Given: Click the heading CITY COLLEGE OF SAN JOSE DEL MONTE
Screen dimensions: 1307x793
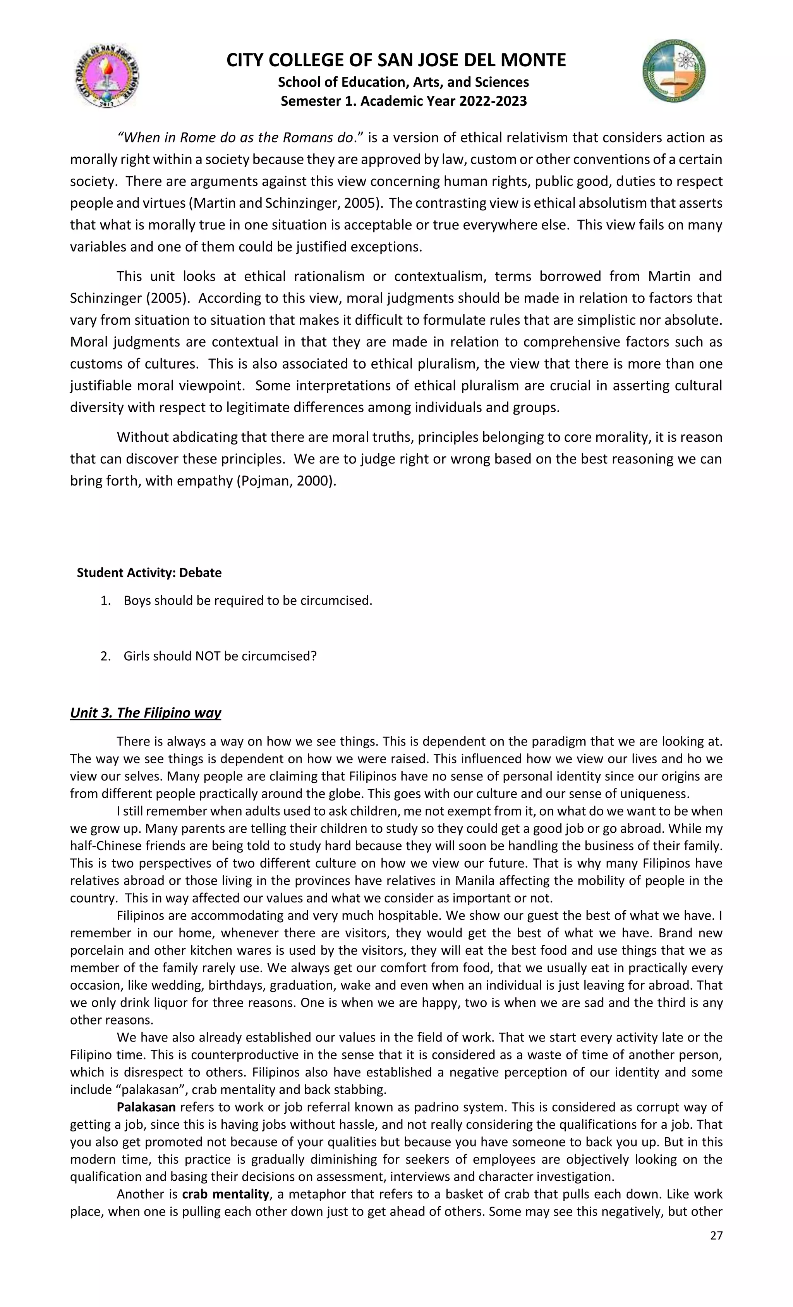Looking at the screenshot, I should [396, 60].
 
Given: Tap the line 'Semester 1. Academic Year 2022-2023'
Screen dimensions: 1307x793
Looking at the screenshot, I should [403, 101].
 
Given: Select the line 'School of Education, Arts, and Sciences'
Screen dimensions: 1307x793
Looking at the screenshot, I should [403, 82].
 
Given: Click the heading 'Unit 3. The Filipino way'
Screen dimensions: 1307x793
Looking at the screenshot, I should [145, 712].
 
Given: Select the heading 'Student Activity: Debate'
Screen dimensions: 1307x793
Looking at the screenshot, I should [149, 572].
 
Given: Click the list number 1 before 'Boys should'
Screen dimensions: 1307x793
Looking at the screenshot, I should [105, 601].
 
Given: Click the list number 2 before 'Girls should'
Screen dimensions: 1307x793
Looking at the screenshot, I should [105, 656].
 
